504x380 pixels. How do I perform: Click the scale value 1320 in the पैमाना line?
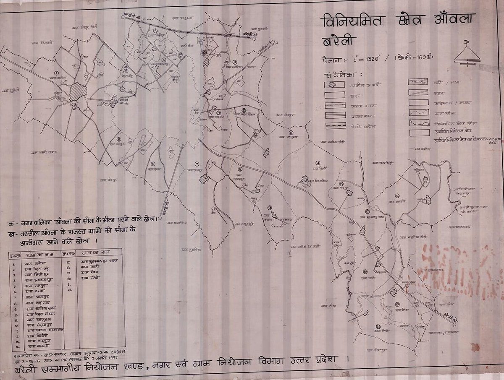(x=370, y=59)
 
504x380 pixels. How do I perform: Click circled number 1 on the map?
(x=56, y=73)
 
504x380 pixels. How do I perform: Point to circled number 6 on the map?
(x=153, y=164)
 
